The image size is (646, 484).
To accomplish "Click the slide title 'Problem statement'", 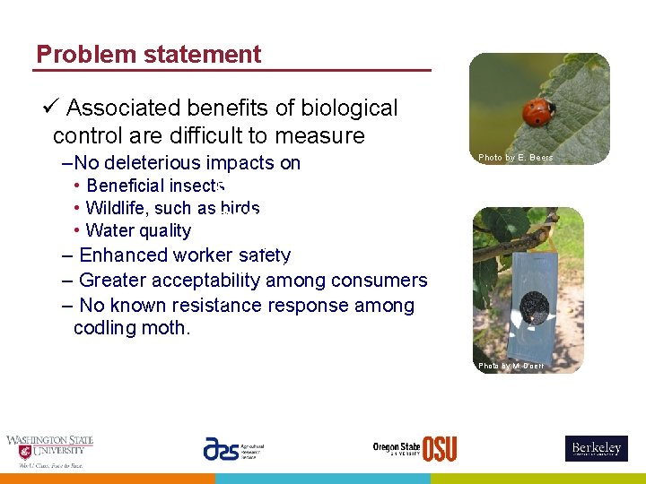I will pos(148,55).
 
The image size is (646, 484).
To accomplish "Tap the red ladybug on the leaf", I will pos(538,112).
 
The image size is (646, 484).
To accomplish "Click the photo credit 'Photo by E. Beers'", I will pos(515,158).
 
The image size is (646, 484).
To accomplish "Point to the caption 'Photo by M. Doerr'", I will pos(511,366).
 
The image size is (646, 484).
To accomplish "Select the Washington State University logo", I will pos(49,451).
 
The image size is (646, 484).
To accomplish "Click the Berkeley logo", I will pos(596,448).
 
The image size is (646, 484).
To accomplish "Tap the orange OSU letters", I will pos(440,449).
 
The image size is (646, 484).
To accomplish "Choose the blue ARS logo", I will pos(221,449).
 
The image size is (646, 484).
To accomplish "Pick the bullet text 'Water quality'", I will pos(138,231).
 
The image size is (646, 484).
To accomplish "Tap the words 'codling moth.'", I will pos(132,328).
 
